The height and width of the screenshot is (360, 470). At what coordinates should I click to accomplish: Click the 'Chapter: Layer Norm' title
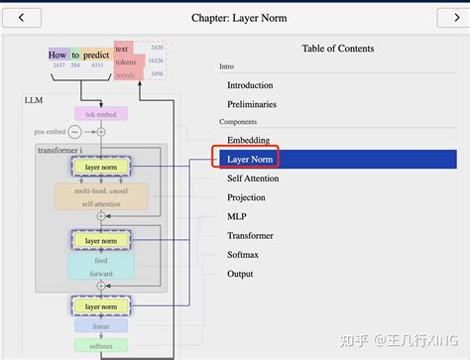(236, 17)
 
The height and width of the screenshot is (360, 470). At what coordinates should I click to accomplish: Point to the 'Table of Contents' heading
(338, 49)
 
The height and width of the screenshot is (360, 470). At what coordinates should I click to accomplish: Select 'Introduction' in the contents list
(250, 85)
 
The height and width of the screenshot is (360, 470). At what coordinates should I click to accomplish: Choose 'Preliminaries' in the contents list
(252, 104)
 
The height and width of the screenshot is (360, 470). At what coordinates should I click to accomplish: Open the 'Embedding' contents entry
(248, 141)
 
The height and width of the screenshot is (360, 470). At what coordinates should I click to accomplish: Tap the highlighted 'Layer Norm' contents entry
(250, 159)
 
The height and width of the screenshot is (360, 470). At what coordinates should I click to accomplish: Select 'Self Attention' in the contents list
(253, 179)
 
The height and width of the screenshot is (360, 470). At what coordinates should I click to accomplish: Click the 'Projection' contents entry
(246, 197)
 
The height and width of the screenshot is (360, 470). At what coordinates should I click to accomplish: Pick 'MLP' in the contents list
(237, 216)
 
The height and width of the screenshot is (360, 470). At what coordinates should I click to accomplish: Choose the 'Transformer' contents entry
(250, 236)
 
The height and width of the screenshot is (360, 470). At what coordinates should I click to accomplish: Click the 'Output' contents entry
(240, 274)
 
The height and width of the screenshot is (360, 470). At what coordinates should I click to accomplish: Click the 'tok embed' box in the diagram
(100, 114)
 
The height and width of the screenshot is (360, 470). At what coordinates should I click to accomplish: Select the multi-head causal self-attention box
(100, 195)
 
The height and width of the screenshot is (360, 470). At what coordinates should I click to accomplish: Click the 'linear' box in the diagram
(100, 325)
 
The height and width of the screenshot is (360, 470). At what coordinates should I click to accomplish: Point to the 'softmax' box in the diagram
(100, 345)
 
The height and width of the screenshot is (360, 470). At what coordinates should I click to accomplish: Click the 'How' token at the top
(58, 56)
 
